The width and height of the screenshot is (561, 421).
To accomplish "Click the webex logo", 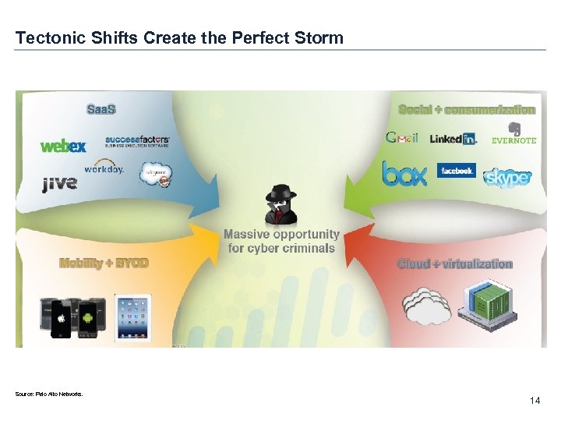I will tap(63, 146).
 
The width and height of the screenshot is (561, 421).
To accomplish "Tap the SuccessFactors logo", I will tap(137, 142).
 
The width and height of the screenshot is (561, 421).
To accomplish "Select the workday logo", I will tap(104, 168).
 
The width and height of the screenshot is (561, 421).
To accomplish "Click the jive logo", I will tap(59, 184).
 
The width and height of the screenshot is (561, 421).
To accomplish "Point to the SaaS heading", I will tap(101, 108).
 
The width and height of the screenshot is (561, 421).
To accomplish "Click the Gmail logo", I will tap(402, 138).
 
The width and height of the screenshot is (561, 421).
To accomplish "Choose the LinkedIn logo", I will tap(453, 139).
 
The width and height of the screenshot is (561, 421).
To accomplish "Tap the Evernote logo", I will tap(514, 134).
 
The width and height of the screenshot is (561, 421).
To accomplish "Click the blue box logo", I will tap(404, 173).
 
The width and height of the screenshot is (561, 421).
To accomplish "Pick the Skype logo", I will tap(507, 177).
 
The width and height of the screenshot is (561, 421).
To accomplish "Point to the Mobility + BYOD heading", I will tap(104, 264).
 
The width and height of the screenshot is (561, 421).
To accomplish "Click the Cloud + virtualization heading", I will tap(455, 264).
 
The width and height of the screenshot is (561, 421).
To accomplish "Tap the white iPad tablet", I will tap(132, 317).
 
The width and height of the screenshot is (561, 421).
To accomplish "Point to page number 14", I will tap(535, 401).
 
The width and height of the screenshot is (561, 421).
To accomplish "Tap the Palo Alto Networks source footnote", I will tap(48, 394).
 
